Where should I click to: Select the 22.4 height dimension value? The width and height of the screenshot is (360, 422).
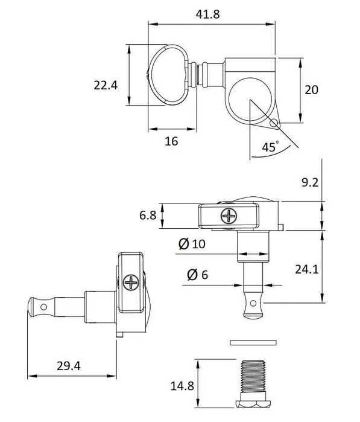pos(105,86)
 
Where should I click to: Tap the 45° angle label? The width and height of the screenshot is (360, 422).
pos(270,147)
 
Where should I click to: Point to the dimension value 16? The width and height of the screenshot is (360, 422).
pos(171,141)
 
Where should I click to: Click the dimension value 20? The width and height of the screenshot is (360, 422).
pos(311,90)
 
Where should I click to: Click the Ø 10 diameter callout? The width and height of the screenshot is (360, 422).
pos(192,244)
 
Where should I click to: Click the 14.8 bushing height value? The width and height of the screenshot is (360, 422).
pos(182,386)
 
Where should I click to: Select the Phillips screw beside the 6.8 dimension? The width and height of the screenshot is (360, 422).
pos(229,215)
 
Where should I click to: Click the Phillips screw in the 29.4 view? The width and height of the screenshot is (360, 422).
pos(131,282)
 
